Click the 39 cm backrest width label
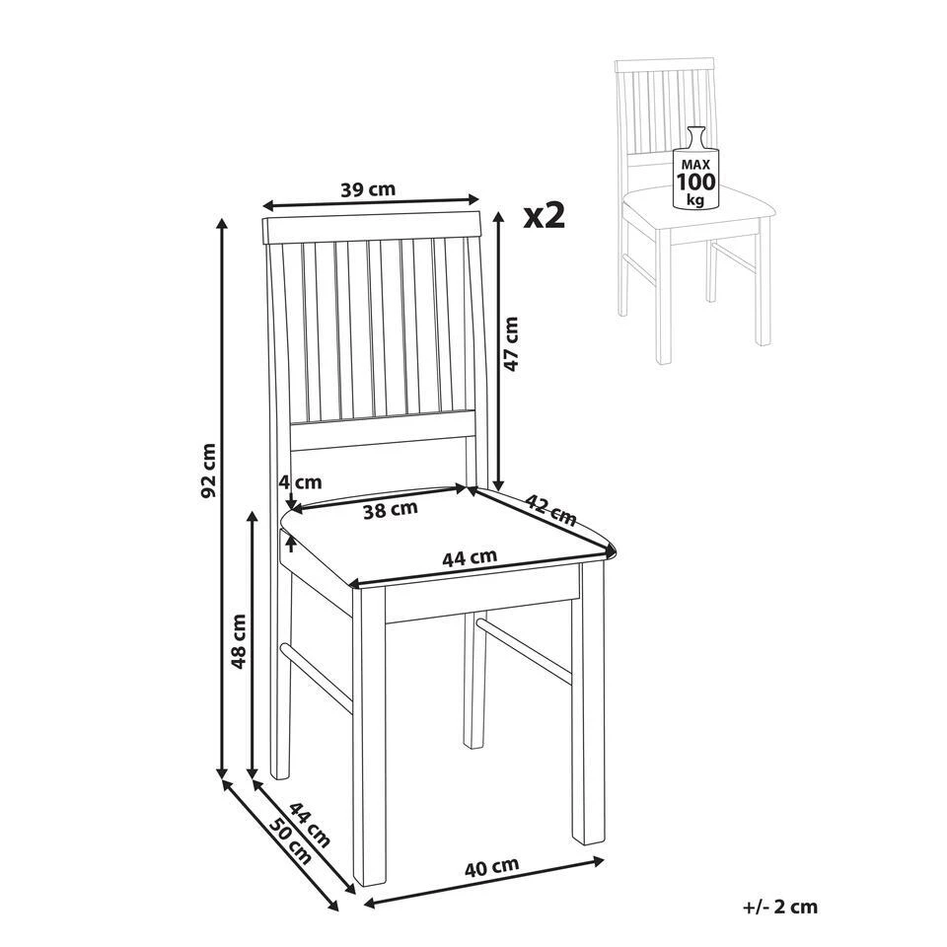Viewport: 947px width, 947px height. click(x=368, y=189)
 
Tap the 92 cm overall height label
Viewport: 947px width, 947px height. click(x=208, y=472)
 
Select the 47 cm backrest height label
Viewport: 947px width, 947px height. click(x=511, y=343)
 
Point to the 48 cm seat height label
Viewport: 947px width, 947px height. click(x=239, y=641)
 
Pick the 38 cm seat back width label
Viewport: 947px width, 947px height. click(x=391, y=510)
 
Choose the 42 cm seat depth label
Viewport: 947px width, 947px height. click(x=550, y=510)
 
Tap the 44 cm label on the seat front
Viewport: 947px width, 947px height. click(x=470, y=557)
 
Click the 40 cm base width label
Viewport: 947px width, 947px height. click(x=491, y=867)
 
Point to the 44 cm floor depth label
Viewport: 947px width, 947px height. click(x=310, y=825)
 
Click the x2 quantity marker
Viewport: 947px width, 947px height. click(x=545, y=216)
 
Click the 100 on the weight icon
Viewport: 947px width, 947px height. click(x=695, y=182)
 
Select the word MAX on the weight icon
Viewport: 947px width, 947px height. click(x=695, y=165)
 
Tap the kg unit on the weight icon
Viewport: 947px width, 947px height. click(x=696, y=199)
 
